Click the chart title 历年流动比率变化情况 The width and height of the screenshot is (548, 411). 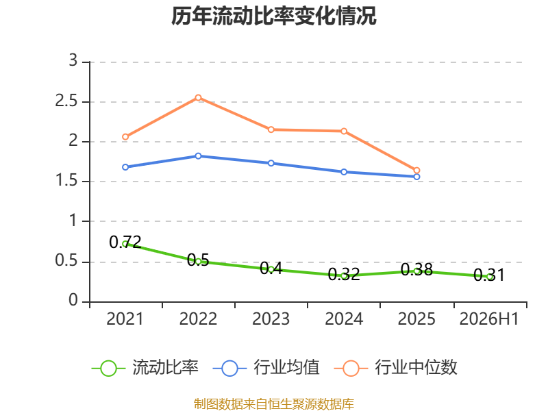click(x=273, y=16)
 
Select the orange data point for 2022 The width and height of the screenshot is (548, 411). click(x=198, y=97)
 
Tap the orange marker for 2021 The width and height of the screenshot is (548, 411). click(x=125, y=136)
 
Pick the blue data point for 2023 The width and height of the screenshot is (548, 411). click(x=271, y=163)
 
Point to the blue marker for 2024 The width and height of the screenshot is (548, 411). click(x=344, y=172)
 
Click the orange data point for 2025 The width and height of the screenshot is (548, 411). click(x=416, y=171)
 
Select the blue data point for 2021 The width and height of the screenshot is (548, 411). click(x=125, y=167)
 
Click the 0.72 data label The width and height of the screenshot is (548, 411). click(x=125, y=242)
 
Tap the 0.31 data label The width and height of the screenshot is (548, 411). click(x=489, y=275)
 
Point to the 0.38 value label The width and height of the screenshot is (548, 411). click(x=416, y=269)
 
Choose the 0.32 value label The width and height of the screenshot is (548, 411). click(x=344, y=275)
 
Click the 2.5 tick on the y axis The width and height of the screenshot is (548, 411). click(x=66, y=101)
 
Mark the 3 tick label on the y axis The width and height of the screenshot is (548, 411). click(x=73, y=60)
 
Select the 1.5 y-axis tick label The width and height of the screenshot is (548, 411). click(x=66, y=180)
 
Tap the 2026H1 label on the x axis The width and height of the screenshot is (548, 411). click(x=489, y=319)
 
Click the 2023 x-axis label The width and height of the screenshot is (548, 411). click(x=271, y=319)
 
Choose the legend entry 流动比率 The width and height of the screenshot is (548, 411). click(x=145, y=368)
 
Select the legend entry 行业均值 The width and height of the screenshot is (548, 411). click(x=266, y=368)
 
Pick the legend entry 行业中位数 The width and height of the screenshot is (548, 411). click(x=396, y=368)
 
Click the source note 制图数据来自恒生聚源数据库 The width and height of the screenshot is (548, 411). click(x=274, y=404)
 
